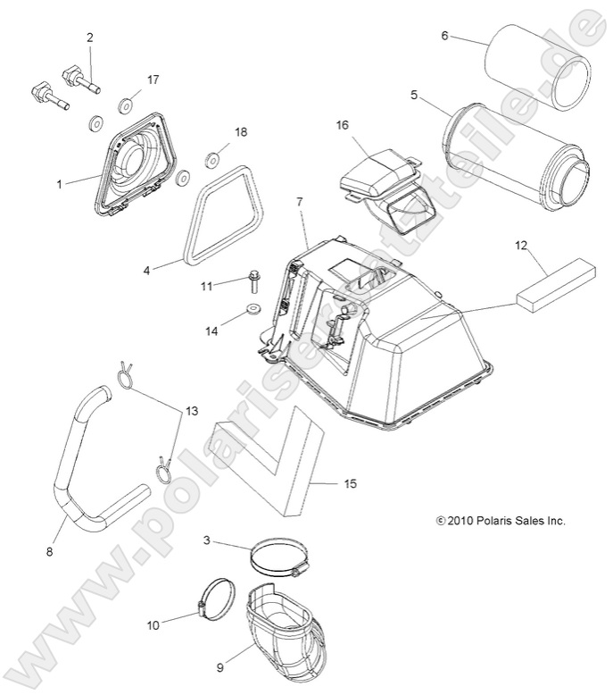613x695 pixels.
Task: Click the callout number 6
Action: (x=444, y=36)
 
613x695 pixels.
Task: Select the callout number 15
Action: (x=350, y=483)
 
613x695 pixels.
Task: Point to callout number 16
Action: (x=342, y=125)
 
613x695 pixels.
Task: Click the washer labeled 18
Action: (x=214, y=159)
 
